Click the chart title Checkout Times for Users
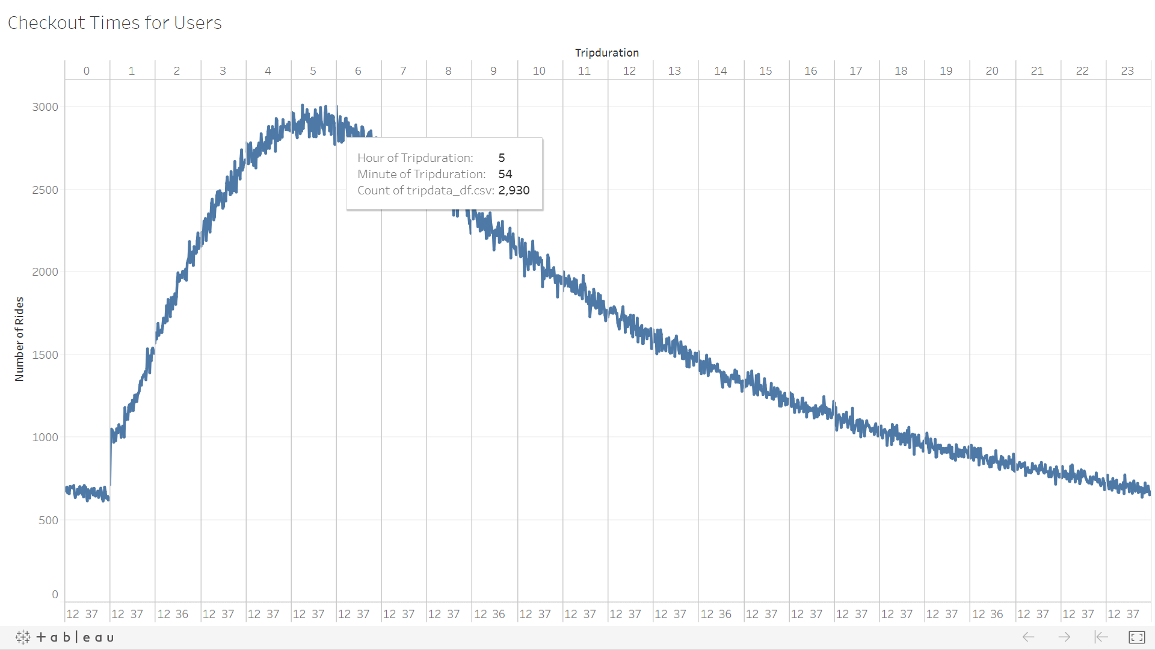pos(114,23)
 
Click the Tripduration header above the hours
pos(606,53)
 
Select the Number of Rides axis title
pos(19,339)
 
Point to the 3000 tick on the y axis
pos(45,107)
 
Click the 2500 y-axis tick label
pos(45,190)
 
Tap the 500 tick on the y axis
pos(48,521)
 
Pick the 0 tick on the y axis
pos(55,595)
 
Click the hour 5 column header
pos(313,71)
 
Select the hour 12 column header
pos(629,71)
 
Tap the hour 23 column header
pos(1127,71)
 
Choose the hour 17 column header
pos(855,71)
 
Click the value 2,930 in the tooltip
pos(514,191)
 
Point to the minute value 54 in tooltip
pos(505,175)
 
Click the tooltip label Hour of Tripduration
pos(415,158)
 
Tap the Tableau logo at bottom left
pos(64,637)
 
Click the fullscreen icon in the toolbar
pos(1136,637)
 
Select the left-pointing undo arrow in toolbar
pos(1028,637)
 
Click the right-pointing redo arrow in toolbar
pos(1064,637)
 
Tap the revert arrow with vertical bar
pos(1101,637)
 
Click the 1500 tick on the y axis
pos(45,355)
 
